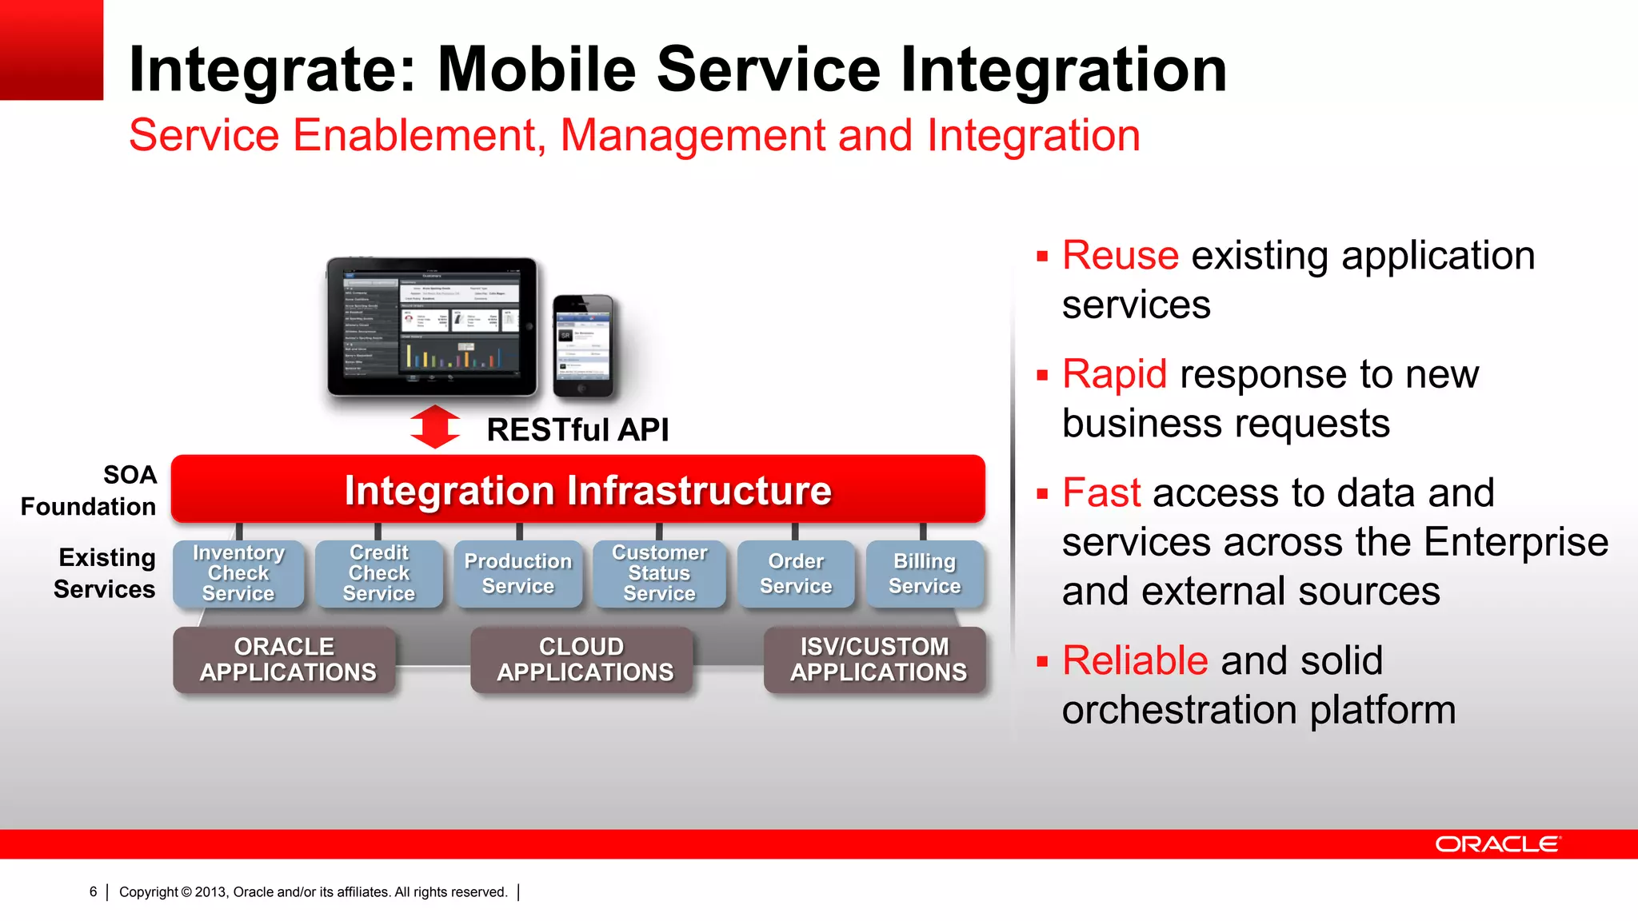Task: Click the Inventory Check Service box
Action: coord(238,573)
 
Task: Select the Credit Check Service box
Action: coord(379,573)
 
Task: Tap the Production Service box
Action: coord(518,573)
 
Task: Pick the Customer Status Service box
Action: coord(659,573)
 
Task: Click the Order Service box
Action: coord(796,573)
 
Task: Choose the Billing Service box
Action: coord(925,573)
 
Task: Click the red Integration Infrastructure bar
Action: coord(578,489)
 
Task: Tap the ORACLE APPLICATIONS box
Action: coord(286,660)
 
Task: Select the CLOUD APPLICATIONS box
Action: coord(583,660)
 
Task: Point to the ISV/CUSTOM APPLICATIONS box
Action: coord(876,660)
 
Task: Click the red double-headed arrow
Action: coord(434,427)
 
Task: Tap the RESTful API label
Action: coord(577,430)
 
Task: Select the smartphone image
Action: coord(584,346)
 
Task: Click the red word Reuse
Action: coord(1120,257)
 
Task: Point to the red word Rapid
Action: coord(1114,375)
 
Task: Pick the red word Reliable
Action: coord(1134,661)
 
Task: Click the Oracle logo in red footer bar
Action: coord(1497,844)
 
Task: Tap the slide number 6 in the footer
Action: coord(94,891)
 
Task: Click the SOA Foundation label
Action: coord(89,491)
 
